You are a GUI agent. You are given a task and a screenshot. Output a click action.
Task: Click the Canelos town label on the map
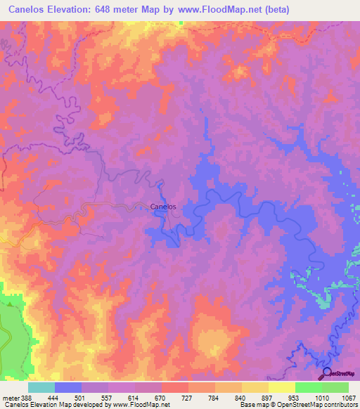[x=163, y=207]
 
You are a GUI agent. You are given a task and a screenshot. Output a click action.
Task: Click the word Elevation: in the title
[x=79, y=10]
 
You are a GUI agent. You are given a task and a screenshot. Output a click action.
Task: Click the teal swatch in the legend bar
[x=41, y=387]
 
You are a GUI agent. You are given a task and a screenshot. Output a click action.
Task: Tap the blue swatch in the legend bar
[x=67, y=387]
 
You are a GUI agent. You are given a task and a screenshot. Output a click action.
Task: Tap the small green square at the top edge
[x=180, y=22]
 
